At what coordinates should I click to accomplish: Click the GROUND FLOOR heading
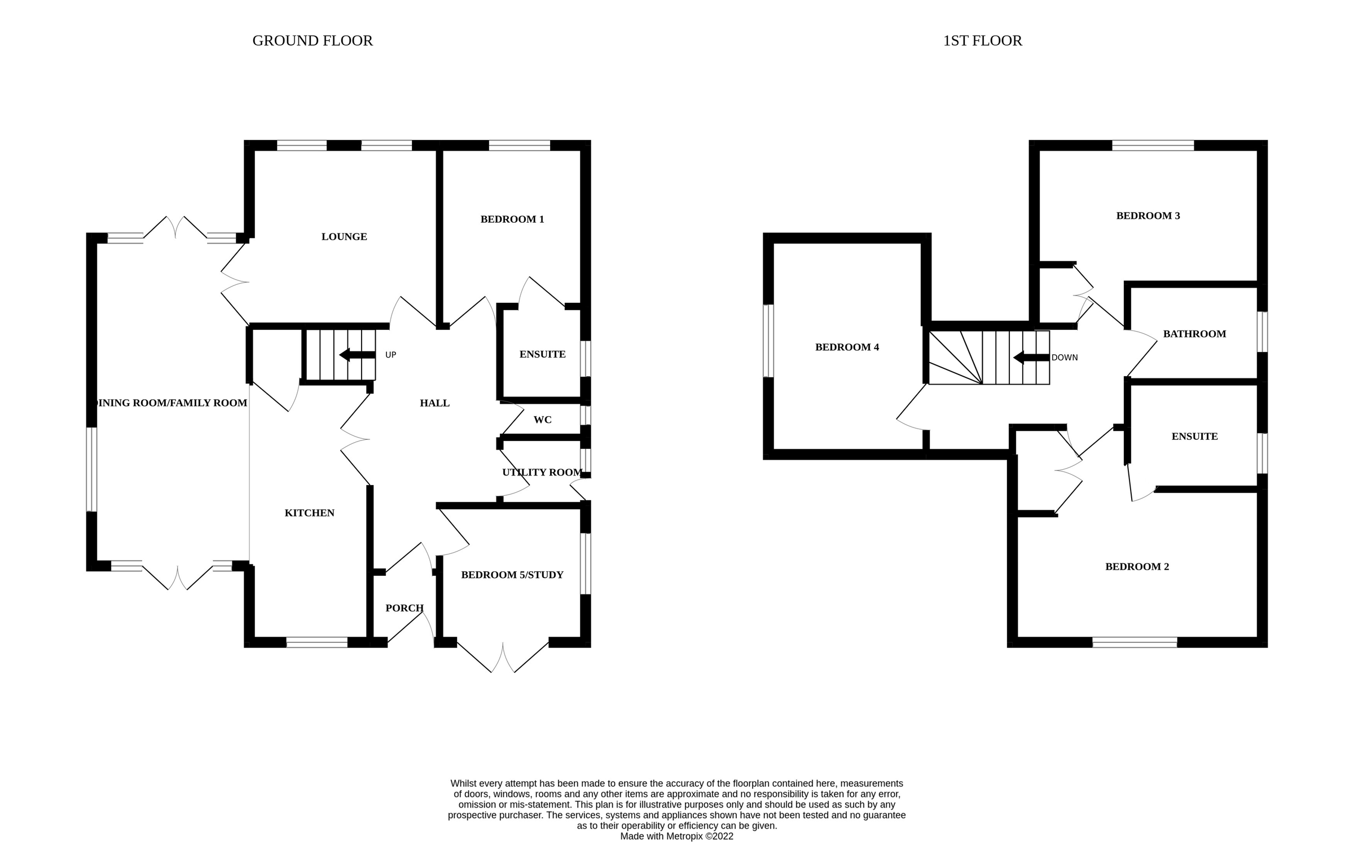click(312, 41)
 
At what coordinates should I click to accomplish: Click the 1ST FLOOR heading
click(982, 41)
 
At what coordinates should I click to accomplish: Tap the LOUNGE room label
click(344, 237)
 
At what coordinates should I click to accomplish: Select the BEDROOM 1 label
click(512, 219)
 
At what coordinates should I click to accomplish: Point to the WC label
click(542, 420)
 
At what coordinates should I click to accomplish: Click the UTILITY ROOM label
click(542, 473)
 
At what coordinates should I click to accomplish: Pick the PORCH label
click(404, 608)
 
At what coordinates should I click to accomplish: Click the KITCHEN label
click(309, 513)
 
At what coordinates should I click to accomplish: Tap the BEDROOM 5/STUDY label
click(512, 575)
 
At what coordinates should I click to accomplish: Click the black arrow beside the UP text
click(357, 355)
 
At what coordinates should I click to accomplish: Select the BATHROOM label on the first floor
click(1194, 334)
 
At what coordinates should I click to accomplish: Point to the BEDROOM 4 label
click(846, 347)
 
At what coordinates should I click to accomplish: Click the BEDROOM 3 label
click(1148, 216)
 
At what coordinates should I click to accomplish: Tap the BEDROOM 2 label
click(1136, 567)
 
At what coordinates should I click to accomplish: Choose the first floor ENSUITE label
click(1194, 437)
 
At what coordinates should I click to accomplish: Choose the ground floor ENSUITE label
click(542, 354)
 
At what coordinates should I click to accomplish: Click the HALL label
click(434, 403)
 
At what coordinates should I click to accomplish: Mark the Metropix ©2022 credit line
click(676, 836)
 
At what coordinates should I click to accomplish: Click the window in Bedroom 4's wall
click(768, 341)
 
